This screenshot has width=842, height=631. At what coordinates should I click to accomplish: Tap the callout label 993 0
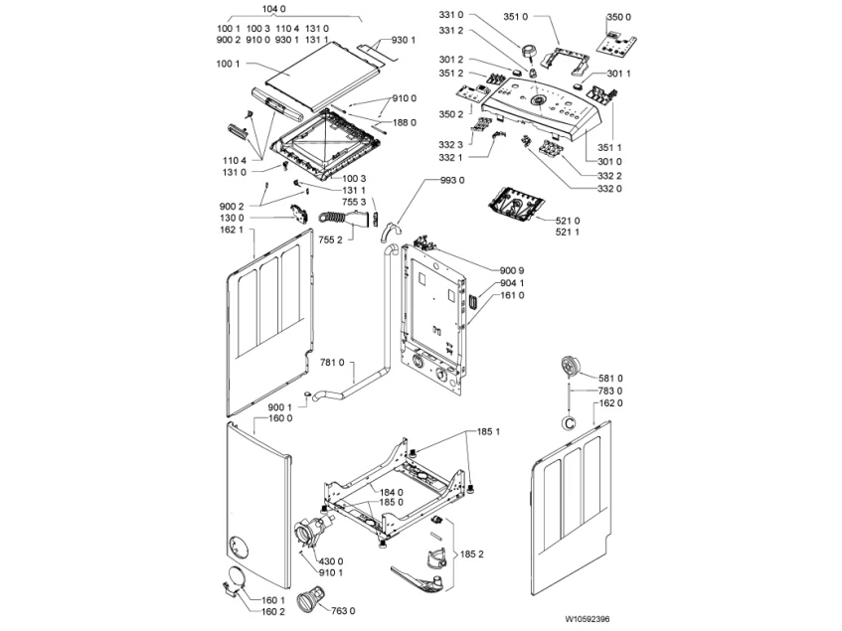tap(452, 180)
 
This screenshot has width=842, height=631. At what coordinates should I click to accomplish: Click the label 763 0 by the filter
tap(343, 609)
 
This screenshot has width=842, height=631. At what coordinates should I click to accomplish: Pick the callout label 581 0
tap(609, 378)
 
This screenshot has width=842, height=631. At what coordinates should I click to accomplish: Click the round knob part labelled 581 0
tap(571, 366)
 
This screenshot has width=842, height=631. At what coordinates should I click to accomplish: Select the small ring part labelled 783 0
tap(570, 421)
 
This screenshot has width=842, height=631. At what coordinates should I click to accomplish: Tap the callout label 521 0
tap(568, 219)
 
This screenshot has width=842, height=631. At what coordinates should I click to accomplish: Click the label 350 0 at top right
tap(617, 18)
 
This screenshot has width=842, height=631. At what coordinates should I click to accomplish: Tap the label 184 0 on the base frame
tap(391, 492)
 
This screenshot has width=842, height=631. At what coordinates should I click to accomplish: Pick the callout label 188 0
tap(404, 123)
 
